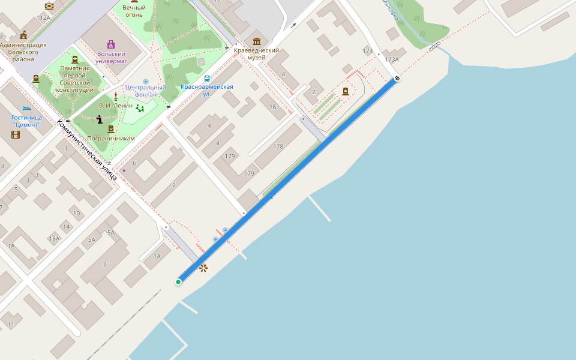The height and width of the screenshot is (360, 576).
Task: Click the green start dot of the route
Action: [x=178, y=282]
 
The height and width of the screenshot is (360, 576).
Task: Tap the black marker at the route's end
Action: [x=397, y=79]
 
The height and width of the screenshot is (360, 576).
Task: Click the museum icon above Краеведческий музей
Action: [x=257, y=41]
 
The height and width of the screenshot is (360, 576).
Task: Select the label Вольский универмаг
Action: [x=111, y=57]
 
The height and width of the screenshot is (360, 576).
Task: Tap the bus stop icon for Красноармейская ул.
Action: [x=207, y=79]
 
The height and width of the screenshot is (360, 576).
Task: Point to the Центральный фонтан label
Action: [x=146, y=91]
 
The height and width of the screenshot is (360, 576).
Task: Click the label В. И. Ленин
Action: [x=116, y=106]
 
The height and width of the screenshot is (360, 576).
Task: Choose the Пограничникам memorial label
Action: [x=111, y=138]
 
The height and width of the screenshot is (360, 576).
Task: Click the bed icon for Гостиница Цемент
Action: [x=26, y=109]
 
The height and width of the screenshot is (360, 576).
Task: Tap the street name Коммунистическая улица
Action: [x=86, y=149]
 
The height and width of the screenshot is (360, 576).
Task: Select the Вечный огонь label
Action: [x=134, y=11]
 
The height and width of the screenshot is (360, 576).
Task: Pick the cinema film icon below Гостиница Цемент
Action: [x=16, y=134]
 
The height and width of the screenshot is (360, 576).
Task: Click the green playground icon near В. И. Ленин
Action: [x=140, y=109]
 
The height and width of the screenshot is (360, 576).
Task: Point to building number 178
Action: [x=278, y=146]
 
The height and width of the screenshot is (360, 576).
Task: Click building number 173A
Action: [x=392, y=59]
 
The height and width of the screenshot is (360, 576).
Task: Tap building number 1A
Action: [x=157, y=256]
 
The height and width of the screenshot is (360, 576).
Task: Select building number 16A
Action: [x=55, y=239]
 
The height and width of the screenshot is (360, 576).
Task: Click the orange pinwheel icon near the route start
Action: [x=203, y=268]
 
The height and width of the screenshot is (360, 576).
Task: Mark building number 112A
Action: [x=43, y=18]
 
